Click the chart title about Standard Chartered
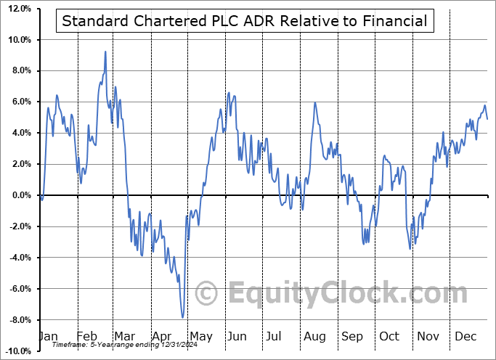pos(244,21)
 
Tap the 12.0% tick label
pos(17,9)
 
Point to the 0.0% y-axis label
pos(20,195)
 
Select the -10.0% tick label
pos(17,351)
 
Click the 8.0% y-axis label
pos(20,71)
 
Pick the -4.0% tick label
pos(19,258)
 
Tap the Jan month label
pos(48,336)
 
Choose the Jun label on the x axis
pos(237,336)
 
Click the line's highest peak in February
pos(105,52)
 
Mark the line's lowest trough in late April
pos(183,317)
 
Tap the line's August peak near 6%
pos(314,102)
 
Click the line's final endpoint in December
pos(487,118)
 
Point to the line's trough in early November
pos(410,249)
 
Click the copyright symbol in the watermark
pos(206,294)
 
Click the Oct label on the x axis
pos(389,336)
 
